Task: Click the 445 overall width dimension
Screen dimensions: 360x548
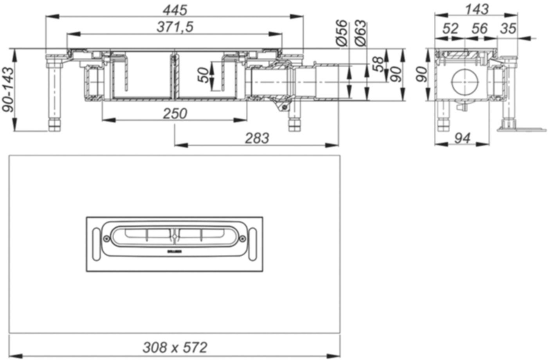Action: [175, 9]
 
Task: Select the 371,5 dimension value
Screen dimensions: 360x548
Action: [175, 27]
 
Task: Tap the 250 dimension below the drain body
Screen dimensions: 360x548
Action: [175, 114]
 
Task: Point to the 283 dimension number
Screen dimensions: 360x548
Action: [257, 138]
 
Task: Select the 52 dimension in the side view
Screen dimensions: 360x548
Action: [451, 28]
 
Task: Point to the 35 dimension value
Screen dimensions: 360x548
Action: [508, 28]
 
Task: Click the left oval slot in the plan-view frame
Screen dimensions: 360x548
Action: [96, 244]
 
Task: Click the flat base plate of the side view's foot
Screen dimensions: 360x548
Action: [523, 129]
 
